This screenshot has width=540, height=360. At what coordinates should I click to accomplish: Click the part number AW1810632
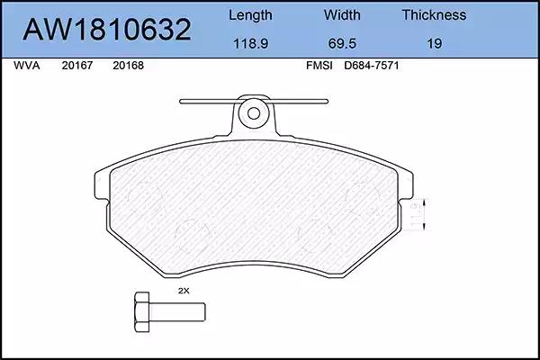[107, 30]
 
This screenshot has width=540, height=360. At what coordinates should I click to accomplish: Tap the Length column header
[250, 15]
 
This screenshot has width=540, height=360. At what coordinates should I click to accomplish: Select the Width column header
[342, 15]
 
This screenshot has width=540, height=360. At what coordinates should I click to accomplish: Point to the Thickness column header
[434, 15]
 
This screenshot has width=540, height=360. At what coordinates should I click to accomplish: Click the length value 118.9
[251, 44]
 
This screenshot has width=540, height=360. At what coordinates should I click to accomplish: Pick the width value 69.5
[342, 44]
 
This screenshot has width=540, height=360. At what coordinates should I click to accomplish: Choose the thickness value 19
[435, 44]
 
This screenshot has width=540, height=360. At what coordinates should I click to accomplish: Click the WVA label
[26, 66]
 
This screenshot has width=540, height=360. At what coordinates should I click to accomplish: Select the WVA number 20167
[77, 66]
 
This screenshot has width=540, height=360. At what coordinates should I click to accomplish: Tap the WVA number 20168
[128, 66]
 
